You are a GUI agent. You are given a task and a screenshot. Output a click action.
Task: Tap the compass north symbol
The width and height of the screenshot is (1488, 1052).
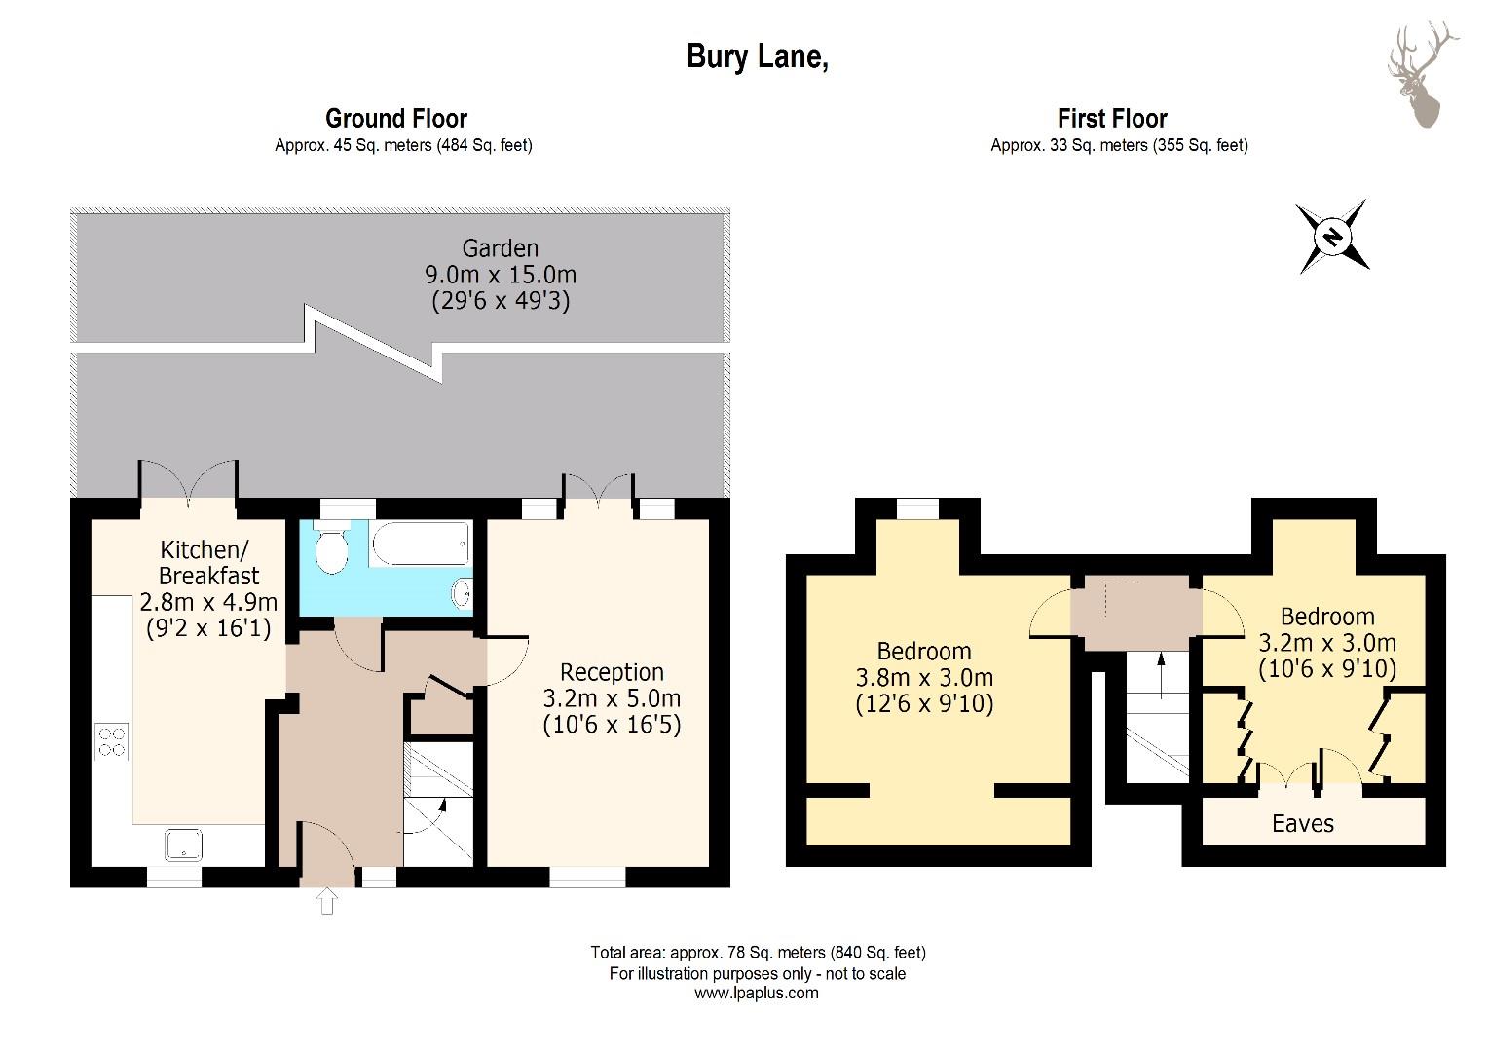click(x=1332, y=237)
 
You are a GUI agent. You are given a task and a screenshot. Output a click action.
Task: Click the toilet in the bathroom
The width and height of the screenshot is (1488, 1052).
click(x=331, y=547)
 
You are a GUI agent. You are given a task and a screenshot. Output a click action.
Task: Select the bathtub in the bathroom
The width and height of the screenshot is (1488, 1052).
click(x=421, y=543)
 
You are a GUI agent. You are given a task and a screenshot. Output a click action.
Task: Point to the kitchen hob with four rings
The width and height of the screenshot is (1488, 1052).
click(x=112, y=741)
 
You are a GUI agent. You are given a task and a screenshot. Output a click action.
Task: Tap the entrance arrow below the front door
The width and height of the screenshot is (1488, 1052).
click(x=327, y=901)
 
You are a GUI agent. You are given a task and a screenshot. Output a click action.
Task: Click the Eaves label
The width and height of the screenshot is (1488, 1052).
click(x=1303, y=824)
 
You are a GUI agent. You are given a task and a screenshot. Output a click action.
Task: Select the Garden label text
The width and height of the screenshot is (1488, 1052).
click(x=501, y=247)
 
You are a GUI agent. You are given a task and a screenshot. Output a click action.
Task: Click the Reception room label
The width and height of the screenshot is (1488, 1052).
click(x=612, y=672)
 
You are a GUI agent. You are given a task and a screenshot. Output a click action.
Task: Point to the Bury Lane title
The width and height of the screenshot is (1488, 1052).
click(x=758, y=56)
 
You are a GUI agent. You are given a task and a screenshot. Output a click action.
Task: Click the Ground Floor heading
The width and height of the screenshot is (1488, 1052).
click(x=396, y=118)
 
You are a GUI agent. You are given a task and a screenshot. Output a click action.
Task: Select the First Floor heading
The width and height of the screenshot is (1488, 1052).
click(x=1113, y=118)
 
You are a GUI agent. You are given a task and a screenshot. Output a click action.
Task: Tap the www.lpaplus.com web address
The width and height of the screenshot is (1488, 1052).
click(x=757, y=993)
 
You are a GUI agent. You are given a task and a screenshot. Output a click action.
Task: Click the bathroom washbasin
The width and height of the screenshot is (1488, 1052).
click(x=462, y=591)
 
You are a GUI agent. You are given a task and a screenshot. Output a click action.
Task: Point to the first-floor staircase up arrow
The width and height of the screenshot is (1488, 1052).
click(x=1161, y=675)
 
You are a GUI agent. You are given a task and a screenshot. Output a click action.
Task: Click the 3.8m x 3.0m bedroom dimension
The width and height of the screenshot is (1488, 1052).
click(x=924, y=678)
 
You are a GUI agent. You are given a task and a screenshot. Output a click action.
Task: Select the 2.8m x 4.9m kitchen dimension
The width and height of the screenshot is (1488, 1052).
click(x=208, y=602)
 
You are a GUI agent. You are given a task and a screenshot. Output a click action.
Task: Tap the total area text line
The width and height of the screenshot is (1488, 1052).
click(x=758, y=953)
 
